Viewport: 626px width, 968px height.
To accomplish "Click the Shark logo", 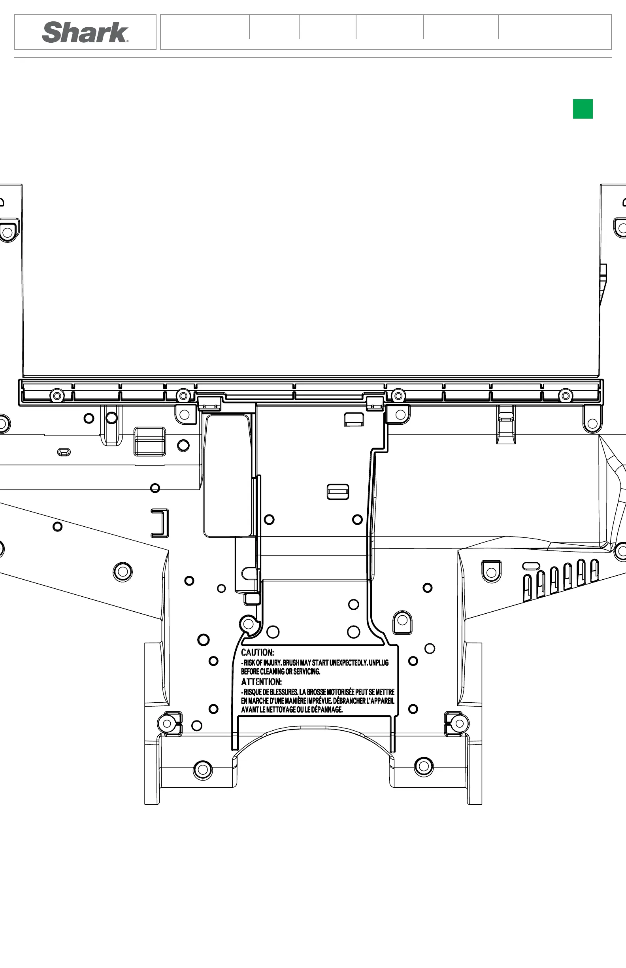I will pyautogui.click(x=85, y=32).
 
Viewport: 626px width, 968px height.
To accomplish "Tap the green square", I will pyautogui.click(x=583, y=109).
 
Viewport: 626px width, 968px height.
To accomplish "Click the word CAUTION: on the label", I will pyautogui.click(x=257, y=653).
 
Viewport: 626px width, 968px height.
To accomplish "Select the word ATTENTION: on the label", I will pyautogui.click(x=261, y=682).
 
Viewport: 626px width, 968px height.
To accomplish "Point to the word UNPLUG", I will pyautogui.click(x=379, y=663).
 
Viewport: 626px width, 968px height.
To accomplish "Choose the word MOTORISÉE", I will pyautogui.click(x=340, y=692).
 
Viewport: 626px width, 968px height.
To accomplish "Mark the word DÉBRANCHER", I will pyautogui.click(x=349, y=701).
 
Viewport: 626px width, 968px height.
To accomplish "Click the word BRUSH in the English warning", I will pyautogui.click(x=291, y=663).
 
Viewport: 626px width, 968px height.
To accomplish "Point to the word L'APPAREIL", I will pyautogui.click(x=381, y=701).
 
